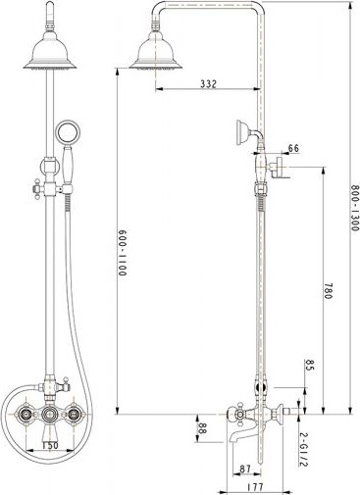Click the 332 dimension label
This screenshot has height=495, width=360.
pos(208,83)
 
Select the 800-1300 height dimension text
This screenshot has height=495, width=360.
pos(355,208)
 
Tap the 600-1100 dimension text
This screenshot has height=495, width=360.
pos(122,253)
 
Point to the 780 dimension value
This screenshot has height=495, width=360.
pos(328,291)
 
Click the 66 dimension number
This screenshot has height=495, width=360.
pos(293,148)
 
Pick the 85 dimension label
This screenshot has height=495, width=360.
pos(309,365)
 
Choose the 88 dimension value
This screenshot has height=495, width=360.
pos(202,427)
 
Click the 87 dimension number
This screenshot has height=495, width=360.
pos(245,470)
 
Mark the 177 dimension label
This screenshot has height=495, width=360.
pos(255,486)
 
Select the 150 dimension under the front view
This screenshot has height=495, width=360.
pos(50,445)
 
